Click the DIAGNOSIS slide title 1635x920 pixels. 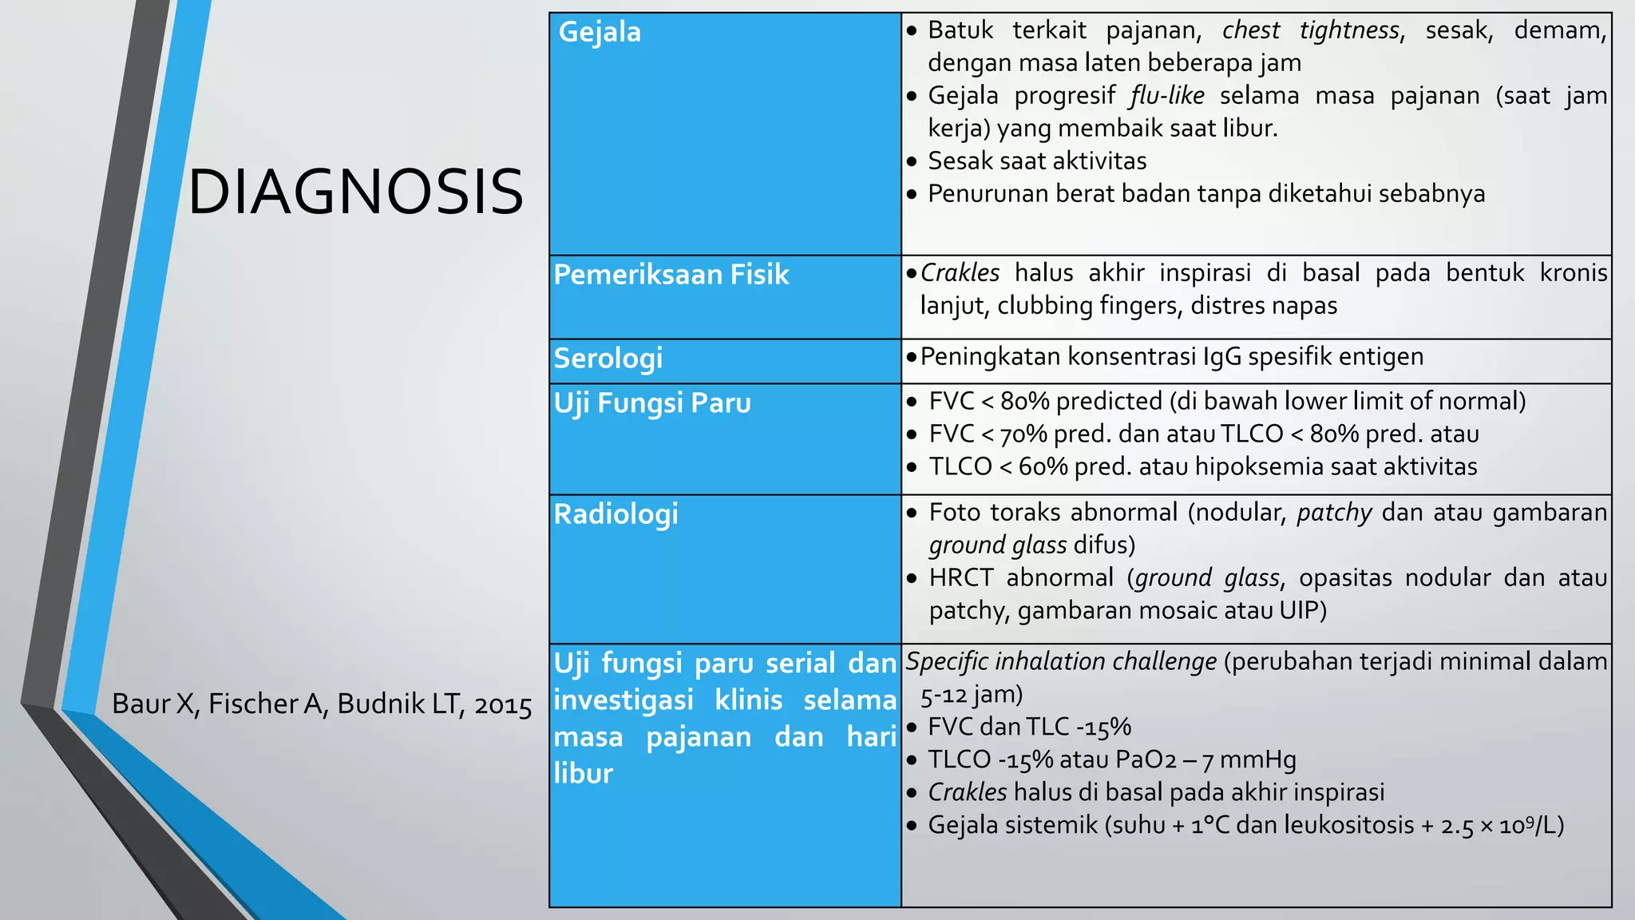tap(355, 192)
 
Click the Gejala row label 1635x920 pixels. tap(600, 32)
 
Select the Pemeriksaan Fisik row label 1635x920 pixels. tap(671, 275)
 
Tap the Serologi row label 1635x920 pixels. tap(608, 358)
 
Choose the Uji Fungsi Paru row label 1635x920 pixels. tap(652, 402)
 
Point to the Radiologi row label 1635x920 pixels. tap(616, 514)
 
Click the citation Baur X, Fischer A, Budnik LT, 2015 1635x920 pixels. tap(322, 704)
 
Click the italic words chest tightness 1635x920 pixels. tap(1310, 30)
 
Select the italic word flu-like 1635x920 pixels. tap(1166, 96)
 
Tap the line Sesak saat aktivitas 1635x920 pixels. tap(1036, 161)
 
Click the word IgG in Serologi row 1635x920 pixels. tap(1222, 356)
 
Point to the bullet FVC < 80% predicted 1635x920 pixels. tap(1226, 401)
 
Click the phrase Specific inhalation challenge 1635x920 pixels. tap(1061, 661)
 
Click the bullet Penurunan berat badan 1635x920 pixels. tap(1205, 194)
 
